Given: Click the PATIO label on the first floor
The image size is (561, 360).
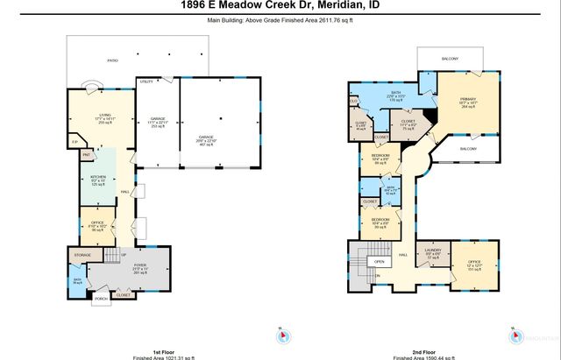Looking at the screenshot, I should (112, 60).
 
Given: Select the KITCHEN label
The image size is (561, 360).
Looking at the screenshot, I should (98, 175).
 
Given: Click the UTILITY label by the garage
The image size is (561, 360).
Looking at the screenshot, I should (146, 81).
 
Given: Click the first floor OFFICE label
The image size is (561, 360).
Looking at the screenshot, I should (98, 222).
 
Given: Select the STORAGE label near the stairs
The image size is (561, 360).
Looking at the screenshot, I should (83, 255).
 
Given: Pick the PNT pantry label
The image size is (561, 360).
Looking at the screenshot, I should (86, 156).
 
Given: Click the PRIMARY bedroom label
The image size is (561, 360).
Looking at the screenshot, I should (468, 99).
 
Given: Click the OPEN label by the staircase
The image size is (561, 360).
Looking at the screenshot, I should (379, 260).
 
